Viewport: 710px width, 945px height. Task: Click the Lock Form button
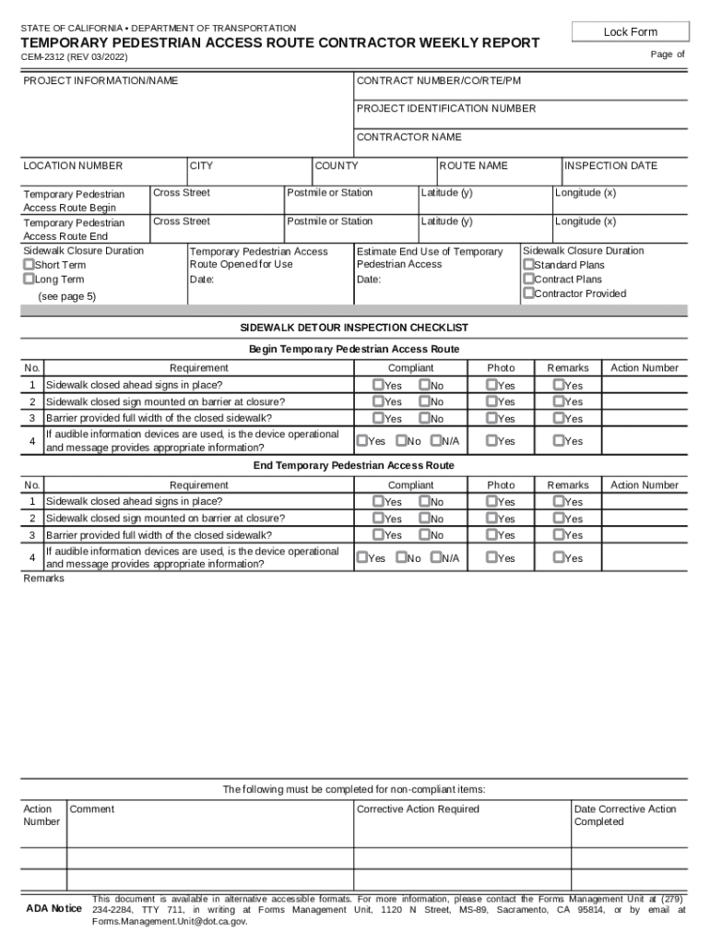(631, 32)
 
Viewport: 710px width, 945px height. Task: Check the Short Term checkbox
(30, 265)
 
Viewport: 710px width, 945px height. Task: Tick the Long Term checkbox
(30, 279)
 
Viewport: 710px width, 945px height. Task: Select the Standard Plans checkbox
(528, 265)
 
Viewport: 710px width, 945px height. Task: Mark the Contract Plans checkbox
(528, 279)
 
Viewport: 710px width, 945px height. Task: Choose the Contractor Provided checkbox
(528, 293)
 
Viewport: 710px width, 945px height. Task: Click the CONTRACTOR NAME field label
(408, 138)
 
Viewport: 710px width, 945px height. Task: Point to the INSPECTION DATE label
(610, 166)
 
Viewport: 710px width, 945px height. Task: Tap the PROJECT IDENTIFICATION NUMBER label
(445, 109)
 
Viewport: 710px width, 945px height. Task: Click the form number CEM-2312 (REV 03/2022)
(75, 57)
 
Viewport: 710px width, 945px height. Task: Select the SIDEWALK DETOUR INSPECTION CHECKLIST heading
(354, 328)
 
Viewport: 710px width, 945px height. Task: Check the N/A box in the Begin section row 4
(435, 441)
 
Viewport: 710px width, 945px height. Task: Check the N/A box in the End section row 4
(435, 557)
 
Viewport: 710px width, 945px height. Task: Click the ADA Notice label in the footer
(53, 909)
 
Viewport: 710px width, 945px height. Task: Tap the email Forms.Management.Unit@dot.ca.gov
(170, 921)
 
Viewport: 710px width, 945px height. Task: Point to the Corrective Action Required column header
(418, 809)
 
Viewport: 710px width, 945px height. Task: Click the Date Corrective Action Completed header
(624, 815)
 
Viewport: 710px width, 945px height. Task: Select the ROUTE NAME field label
(473, 166)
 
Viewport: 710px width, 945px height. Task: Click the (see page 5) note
(66, 297)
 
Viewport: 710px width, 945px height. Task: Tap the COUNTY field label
(337, 166)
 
